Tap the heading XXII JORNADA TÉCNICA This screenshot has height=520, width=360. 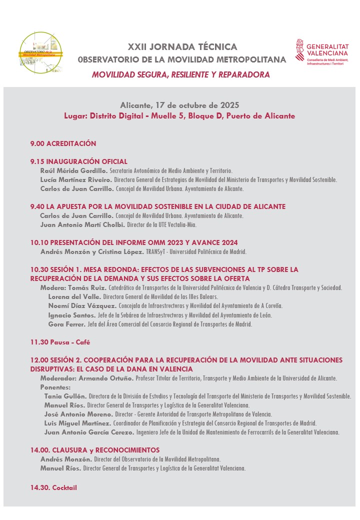pos(182,47)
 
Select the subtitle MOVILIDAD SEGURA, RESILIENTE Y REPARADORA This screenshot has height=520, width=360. pos(181,75)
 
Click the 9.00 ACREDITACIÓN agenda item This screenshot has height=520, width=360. pos(63,143)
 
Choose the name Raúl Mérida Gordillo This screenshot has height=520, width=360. pos(70,170)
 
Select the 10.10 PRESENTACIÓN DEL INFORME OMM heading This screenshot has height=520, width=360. pos(134,242)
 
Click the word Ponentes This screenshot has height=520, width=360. pos(55,387)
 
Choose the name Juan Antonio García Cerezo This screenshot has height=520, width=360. pos(89,432)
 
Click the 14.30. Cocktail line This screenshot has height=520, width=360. pos(53,487)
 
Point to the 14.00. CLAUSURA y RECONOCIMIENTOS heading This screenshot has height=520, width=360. pos(94,450)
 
